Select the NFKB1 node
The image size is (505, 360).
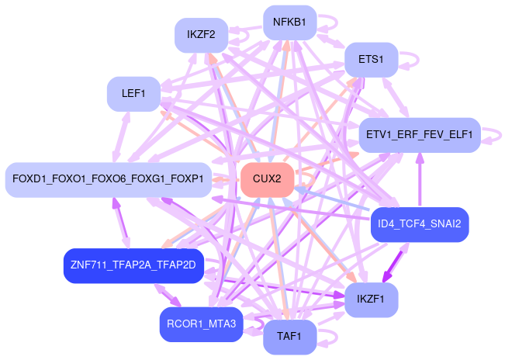289,22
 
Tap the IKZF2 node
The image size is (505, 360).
201,35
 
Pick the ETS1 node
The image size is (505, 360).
372,59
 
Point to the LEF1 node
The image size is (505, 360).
133,94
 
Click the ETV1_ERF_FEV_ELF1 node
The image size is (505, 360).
420,134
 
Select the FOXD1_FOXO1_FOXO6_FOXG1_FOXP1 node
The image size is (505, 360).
108,179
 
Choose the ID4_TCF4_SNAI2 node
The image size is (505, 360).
419,224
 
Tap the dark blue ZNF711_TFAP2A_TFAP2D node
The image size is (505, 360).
133,265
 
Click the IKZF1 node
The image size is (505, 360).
372,299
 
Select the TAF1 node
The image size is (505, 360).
289,337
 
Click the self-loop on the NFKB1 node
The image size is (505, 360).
323,22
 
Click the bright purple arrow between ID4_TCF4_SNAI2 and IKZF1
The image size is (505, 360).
403,262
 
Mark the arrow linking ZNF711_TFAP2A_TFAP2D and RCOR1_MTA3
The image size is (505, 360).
170,295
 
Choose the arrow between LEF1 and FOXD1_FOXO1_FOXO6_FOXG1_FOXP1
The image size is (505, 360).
122,136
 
